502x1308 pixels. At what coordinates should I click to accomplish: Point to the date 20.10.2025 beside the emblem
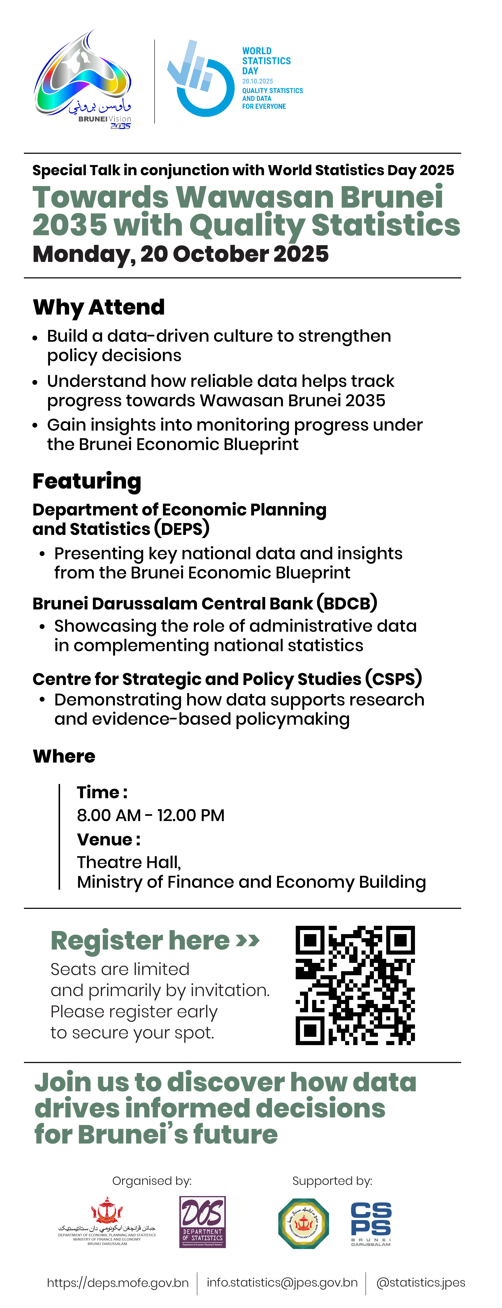tap(257, 81)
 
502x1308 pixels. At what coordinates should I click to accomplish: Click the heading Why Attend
tap(99, 307)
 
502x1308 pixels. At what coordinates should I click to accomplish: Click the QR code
tap(355, 985)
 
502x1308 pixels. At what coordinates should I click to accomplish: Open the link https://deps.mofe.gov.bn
tap(118, 1283)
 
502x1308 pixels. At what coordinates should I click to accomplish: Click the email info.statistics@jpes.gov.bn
tap(282, 1283)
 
